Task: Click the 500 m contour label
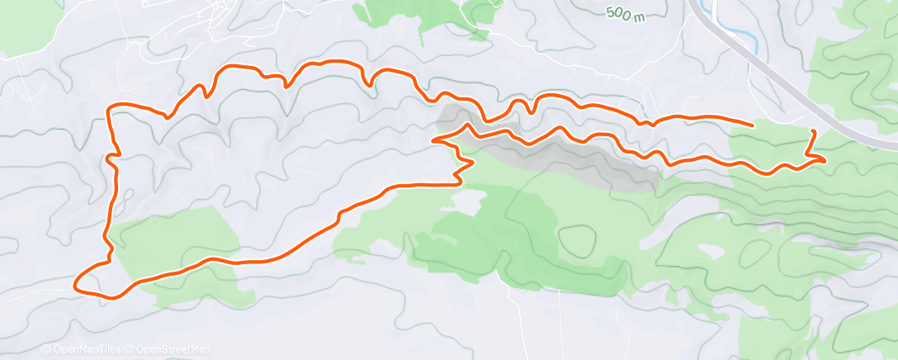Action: pyautogui.click(x=625, y=15)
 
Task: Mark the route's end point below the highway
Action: pyautogui.click(x=814, y=131)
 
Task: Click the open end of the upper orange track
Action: pyautogui.click(x=752, y=125)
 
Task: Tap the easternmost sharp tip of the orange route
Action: pyautogui.click(x=825, y=159)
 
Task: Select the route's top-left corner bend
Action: pyautogui.click(x=112, y=107)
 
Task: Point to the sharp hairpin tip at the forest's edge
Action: pyautogui.click(x=472, y=163)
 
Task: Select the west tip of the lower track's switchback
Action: pyautogui.click(x=433, y=141)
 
